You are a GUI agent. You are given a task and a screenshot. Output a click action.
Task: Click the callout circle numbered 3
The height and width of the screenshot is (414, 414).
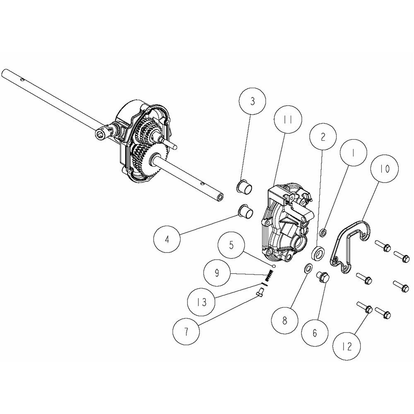point(253,101)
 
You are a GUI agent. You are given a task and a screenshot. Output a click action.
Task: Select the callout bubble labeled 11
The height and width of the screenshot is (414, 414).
point(288,120)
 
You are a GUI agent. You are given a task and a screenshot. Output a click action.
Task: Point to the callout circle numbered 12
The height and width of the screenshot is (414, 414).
point(347,347)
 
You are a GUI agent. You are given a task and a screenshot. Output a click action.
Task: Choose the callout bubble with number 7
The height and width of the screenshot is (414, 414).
point(186,332)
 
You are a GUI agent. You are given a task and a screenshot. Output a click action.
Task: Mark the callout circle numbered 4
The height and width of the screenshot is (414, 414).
point(167,240)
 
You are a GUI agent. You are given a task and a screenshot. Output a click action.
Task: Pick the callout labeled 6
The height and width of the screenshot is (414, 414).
point(315,333)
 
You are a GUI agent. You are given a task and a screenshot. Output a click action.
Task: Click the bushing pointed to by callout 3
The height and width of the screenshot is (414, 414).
point(244,188)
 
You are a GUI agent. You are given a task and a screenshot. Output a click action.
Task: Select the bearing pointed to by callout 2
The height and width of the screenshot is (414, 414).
point(318,253)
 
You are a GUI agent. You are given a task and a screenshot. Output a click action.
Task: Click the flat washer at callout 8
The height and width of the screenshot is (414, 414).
point(308,268)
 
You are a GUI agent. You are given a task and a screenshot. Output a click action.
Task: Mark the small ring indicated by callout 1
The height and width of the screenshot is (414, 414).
point(323,233)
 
